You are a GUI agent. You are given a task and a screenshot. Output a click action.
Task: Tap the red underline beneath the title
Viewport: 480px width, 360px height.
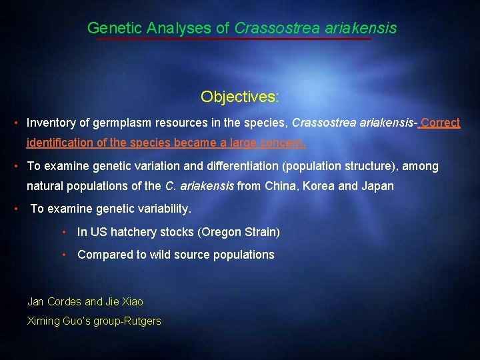point(233,39)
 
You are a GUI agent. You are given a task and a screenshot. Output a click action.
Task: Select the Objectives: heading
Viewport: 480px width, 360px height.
point(240,97)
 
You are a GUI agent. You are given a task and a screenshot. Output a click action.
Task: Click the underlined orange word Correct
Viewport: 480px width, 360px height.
point(441,123)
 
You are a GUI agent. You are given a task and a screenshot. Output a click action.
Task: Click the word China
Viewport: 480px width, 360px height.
point(281,185)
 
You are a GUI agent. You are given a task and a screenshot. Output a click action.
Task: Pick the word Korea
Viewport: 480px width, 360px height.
point(319,185)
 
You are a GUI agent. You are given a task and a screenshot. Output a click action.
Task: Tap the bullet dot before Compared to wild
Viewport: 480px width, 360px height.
point(64,254)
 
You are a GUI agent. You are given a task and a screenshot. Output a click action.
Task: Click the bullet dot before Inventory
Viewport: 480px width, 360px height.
point(15,123)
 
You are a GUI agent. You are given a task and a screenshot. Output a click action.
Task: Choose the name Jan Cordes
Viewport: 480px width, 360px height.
point(54,301)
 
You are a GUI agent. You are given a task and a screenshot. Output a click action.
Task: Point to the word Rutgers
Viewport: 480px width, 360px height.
point(143,321)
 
